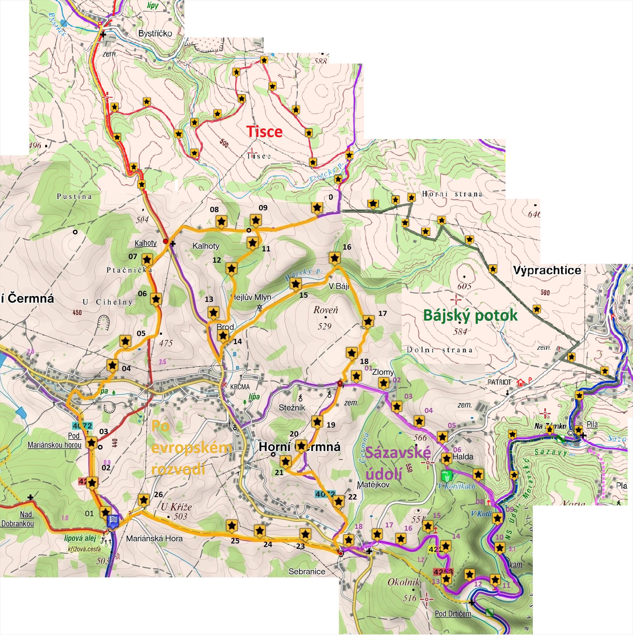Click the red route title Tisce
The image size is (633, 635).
pos(264,132)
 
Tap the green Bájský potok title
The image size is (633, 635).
pos(470,315)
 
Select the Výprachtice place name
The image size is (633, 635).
pos(547,270)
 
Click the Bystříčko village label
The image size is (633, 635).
pos(155,33)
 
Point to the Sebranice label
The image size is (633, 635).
pos(307,571)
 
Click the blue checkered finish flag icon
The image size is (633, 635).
pos(113,520)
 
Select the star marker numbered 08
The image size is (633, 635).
pos(222,221)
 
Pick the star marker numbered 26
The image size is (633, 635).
pos(143,500)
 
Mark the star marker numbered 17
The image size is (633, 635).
pos(368,322)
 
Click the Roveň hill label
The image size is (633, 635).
pos(325,310)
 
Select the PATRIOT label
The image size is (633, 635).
pos(500,382)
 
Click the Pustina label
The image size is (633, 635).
pos(74,197)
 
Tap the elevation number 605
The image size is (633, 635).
pos(464,286)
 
